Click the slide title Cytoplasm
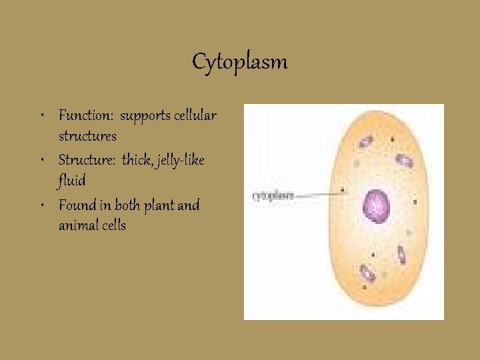[240, 62]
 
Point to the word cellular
[195, 115]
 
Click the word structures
[87, 136]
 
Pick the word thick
[136, 160]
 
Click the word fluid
[72, 180]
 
